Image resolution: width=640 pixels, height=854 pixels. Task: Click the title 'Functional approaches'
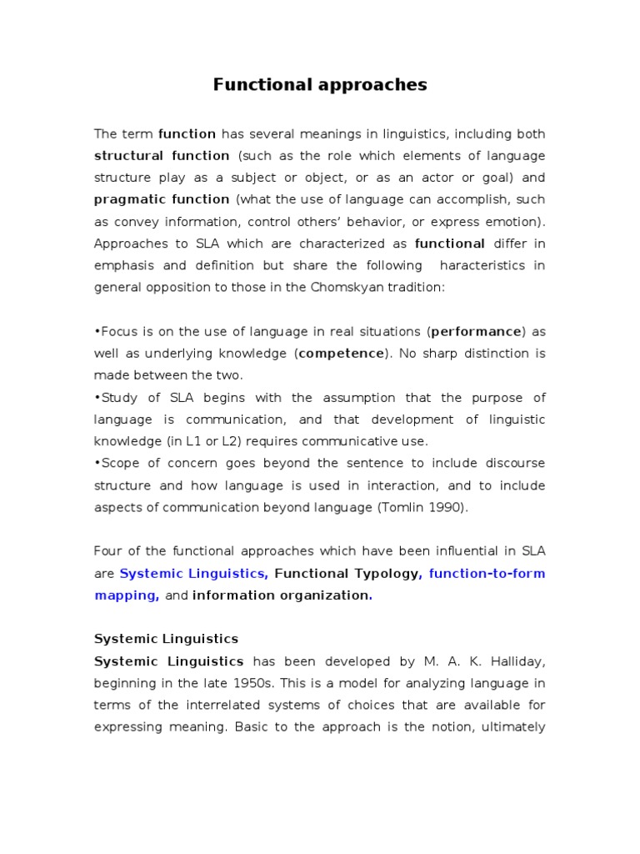pyautogui.click(x=320, y=84)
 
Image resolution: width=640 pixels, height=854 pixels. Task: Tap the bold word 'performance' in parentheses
pyautogui.click(x=476, y=331)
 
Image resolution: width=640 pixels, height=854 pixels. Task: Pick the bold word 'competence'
pyautogui.click(x=341, y=353)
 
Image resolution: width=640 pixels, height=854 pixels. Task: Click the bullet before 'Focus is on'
pyautogui.click(x=97, y=332)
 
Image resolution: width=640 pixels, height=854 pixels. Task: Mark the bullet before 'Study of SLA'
pyautogui.click(x=97, y=398)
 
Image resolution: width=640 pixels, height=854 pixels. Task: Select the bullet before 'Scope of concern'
pyautogui.click(x=97, y=463)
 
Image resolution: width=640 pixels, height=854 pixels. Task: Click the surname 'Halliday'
pyautogui.click(x=517, y=661)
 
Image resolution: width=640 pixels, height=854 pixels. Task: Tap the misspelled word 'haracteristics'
pyautogui.click(x=481, y=264)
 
